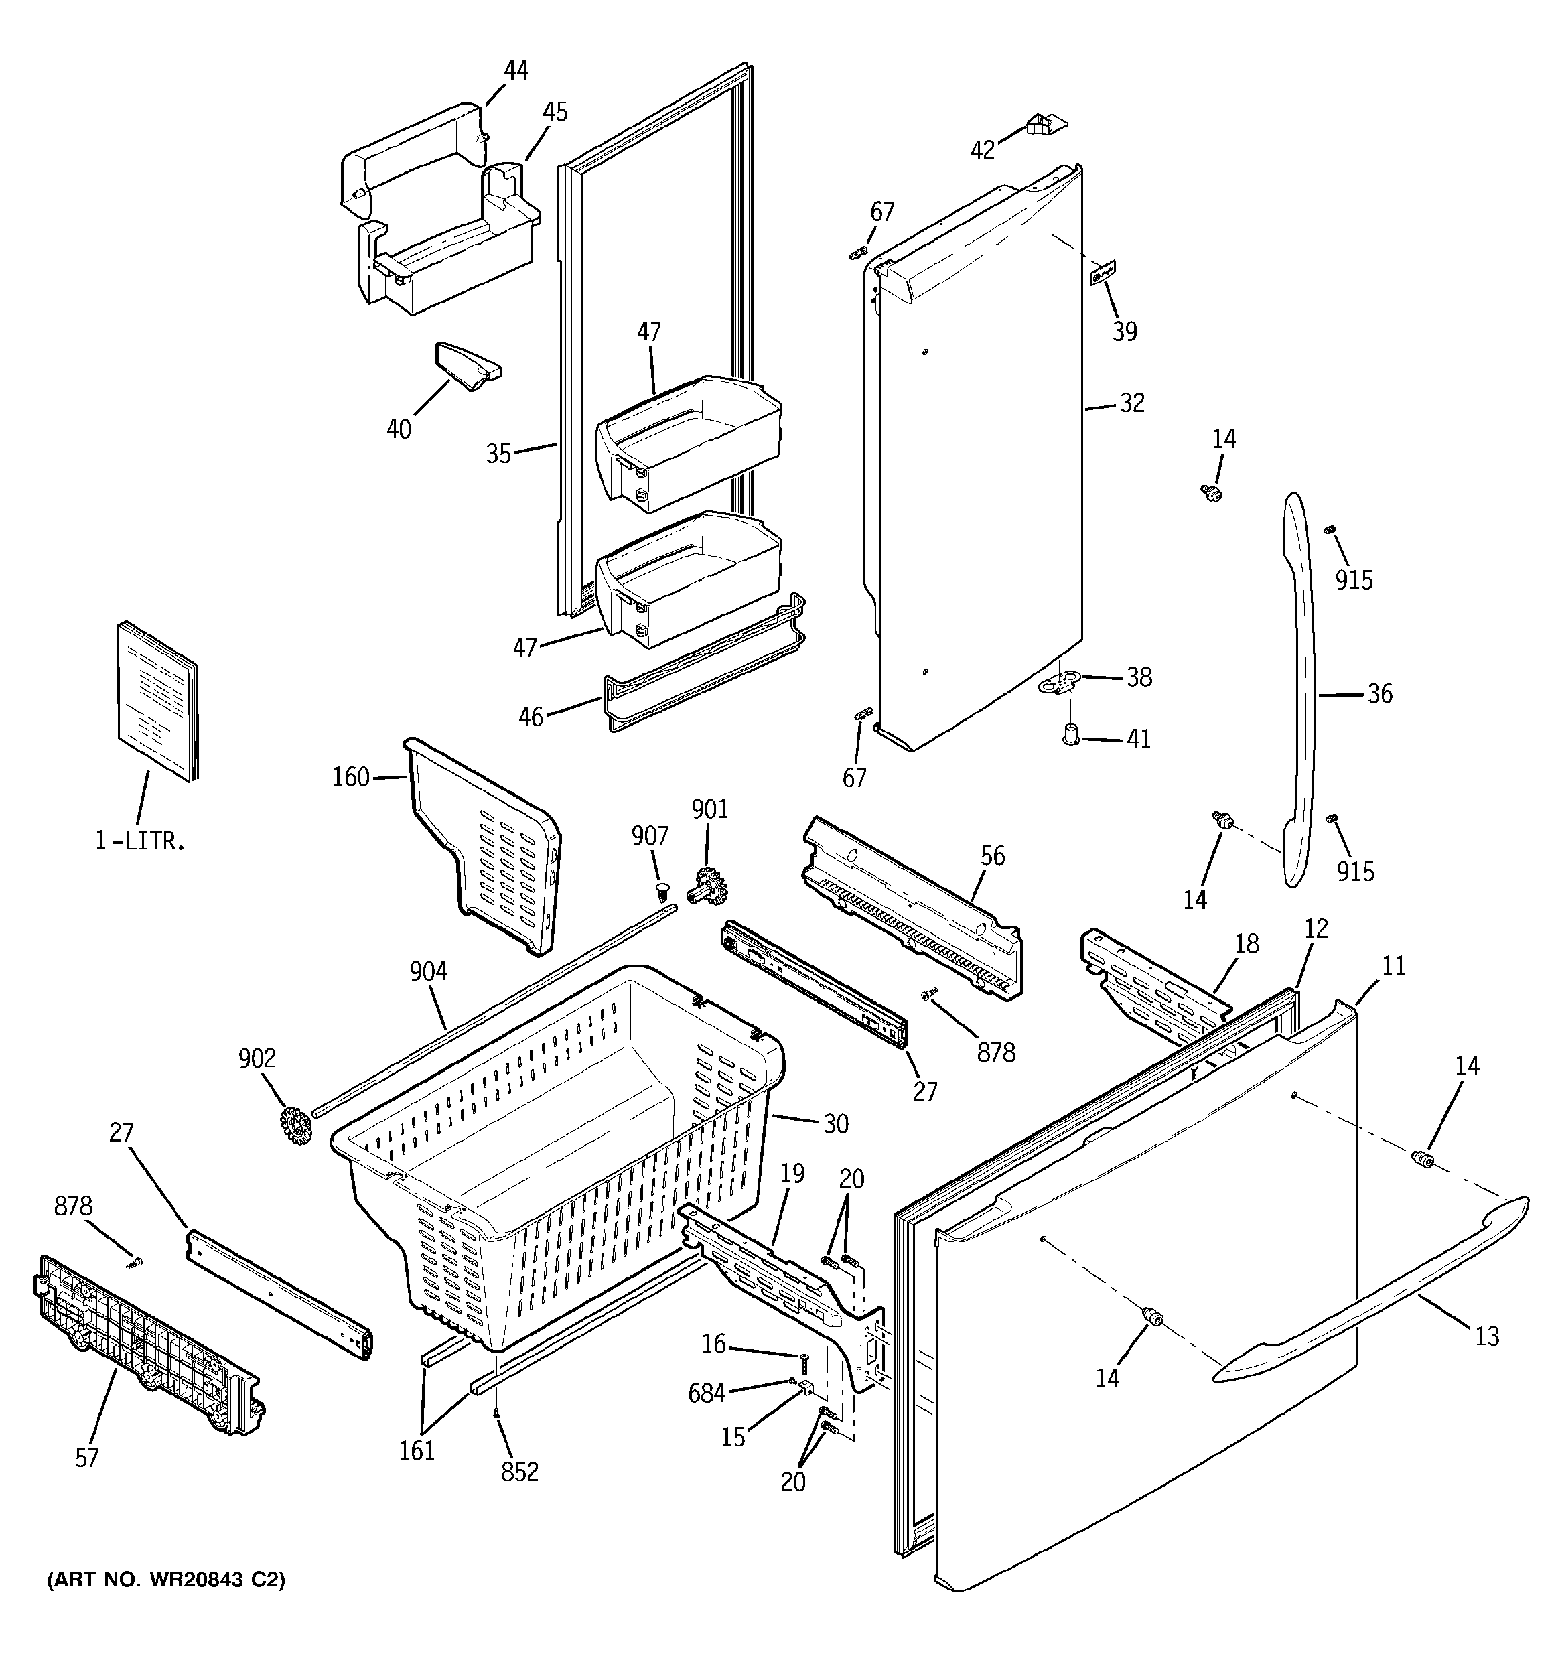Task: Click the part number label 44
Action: tap(516, 71)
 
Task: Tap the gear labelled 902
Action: tap(296, 1125)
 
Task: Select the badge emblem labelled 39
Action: tap(1103, 273)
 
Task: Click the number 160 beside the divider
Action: tap(350, 777)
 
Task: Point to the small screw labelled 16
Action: tap(803, 1362)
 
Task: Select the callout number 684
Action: tap(707, 1393)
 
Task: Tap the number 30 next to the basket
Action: tap(836, 1124)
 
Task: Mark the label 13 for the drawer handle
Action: tap(1486, 1336)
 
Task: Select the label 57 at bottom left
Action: tap(87, 1457)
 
